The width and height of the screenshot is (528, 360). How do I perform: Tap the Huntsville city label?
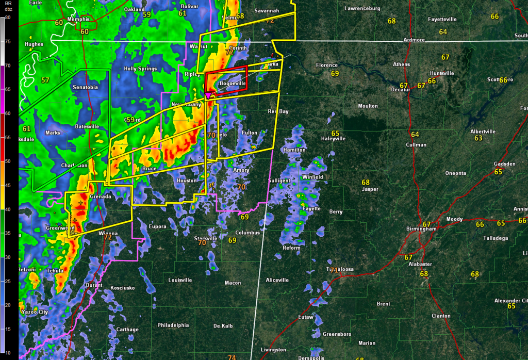442,73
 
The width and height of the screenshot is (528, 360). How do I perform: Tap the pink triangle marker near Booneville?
208,95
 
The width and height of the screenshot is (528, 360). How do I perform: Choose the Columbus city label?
247,233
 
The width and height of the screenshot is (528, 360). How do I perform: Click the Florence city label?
327,66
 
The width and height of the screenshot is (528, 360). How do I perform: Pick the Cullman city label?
416,145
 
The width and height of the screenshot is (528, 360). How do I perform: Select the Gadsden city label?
504,164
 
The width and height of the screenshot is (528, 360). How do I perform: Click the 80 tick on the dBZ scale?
8,17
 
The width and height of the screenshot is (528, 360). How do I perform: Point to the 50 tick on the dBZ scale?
8,161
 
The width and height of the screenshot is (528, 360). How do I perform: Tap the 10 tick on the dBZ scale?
8,352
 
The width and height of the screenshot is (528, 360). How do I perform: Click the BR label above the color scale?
7,4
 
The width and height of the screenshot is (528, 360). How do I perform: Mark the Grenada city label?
100,197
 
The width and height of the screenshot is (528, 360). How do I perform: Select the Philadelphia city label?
173,325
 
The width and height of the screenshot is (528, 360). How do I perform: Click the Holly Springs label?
140,69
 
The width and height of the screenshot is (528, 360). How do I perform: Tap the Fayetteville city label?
442,19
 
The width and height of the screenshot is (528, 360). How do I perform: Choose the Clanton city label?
441,316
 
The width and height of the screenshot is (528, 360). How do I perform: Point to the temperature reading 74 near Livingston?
232,357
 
